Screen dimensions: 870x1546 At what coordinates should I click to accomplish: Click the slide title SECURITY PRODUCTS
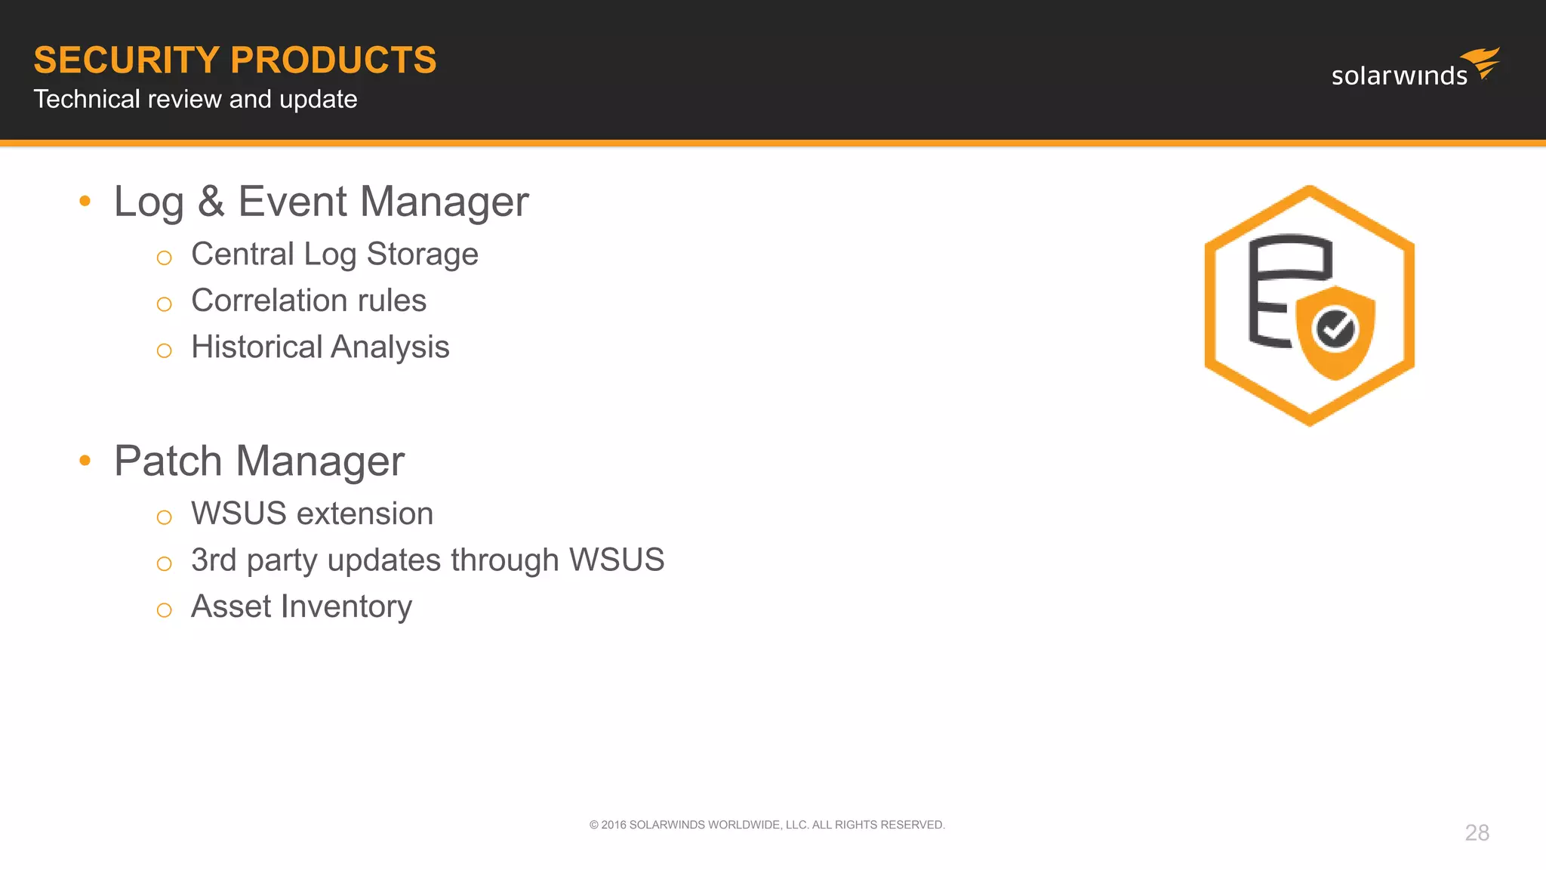click(x=235, y=60)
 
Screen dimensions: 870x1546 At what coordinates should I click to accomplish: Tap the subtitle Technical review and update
click(x=195, y=99)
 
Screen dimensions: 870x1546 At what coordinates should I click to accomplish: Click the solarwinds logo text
click(x=1399, y=76)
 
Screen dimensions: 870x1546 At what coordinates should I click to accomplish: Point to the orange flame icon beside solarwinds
click(x=1482, y=62)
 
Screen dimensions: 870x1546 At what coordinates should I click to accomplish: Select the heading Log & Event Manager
click(x=321, y=202)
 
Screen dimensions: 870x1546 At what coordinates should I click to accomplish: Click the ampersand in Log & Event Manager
click(x=211, y=202)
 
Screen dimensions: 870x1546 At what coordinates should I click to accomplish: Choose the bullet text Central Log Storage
click(x=334, y=255)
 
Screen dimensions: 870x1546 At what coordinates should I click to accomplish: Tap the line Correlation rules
click(x=309, y=301)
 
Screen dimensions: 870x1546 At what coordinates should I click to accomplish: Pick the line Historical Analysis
click(x=320, y=347)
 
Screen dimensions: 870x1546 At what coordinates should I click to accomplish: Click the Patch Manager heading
click(x=259, y=461)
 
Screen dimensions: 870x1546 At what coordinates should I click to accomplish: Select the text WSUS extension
click(x=312, y=514)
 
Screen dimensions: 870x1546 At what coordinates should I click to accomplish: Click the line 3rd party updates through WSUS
click(x=427, y=560)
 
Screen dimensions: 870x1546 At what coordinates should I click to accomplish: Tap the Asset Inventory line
click(x=301, y=606)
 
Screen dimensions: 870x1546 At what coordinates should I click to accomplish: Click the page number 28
click(x=1477, y=832)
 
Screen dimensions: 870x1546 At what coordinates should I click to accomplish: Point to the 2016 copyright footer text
click(x=767, y=825)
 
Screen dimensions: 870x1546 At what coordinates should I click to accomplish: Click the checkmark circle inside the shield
click(x=1335, y=329)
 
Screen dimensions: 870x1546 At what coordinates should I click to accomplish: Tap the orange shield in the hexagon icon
click(x=1336, y=359)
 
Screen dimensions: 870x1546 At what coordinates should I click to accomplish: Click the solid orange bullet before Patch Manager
click(x=85, y=460)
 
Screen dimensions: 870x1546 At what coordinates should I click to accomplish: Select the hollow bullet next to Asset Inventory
click(x=164, y=610)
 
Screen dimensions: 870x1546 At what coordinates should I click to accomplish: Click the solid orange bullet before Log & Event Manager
click(x=85, y=201)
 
